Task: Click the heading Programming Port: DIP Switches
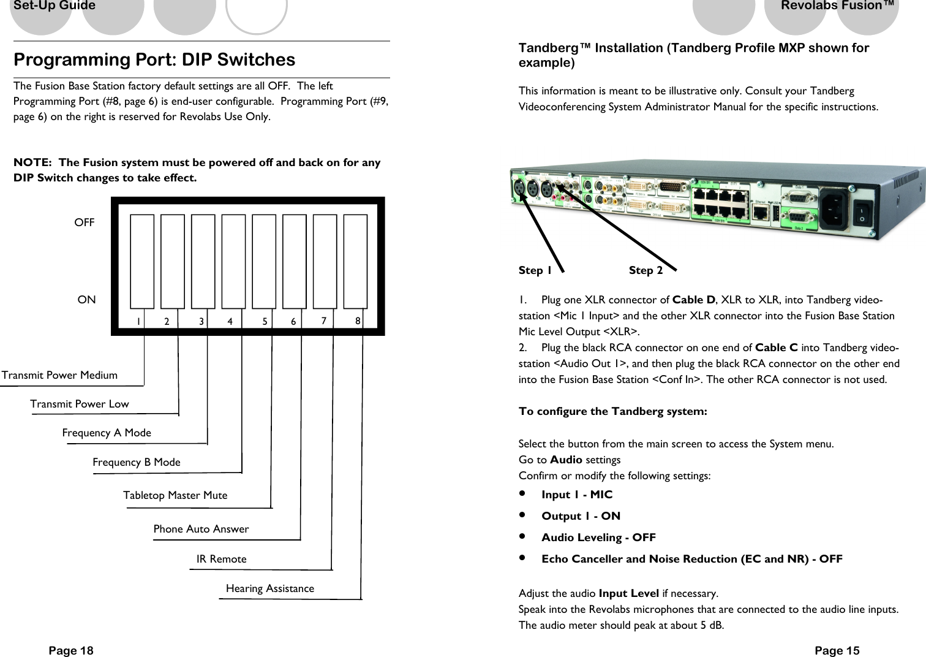click(154, 60)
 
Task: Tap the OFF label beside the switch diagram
click(85, 223)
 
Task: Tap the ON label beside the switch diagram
click(86, 300)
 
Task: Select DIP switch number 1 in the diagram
click(142, 261)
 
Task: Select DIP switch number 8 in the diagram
click(355, 261)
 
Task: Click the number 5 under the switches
click(265, 321)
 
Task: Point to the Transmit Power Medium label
click(59, 375)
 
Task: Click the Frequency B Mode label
click(137, 462)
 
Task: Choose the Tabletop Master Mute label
click(175, 495)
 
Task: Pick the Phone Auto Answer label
click(201, 529)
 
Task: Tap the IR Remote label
click(221, 559)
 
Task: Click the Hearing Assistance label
click(269, 588)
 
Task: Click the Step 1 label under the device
click(535, 270)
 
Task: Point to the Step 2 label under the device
click(646, 270)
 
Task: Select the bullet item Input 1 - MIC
click(576, 495)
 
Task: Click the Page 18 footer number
click(71, 651)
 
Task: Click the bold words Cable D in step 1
click(694, 300)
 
